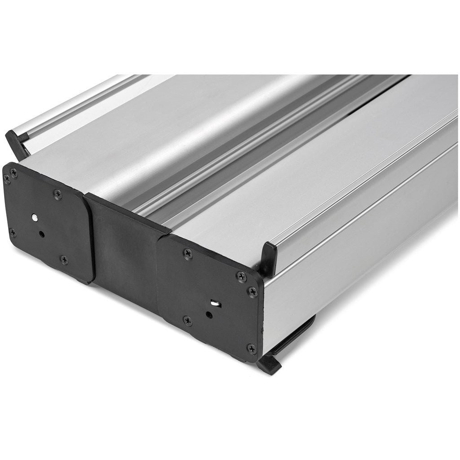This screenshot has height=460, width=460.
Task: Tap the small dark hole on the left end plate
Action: pyautogui.click(x=41, y=234)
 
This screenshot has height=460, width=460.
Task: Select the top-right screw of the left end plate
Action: pyautogui.click(x=57, y=194)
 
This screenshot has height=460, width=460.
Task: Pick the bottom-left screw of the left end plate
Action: pyautogui.click(x=12, y=233)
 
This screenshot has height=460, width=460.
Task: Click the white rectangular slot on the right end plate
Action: pyautogui.click(x=216, y=304)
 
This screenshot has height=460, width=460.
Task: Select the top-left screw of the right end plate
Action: pyautogui.click(x=186, y=253)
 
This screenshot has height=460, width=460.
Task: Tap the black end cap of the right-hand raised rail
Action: pyautogui.click(x=269, y=258)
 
